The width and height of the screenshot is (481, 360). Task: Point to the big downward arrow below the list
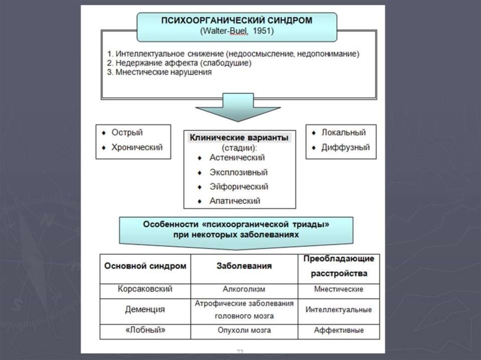coord(238,107)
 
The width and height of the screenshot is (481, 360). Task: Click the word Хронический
coord(137,147)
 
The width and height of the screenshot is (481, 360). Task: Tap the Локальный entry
coord(343,133)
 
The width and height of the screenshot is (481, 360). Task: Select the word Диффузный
coord(345,147)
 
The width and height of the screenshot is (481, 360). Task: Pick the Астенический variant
coord(237,158)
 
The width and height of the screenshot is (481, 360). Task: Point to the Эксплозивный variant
coord(239,172)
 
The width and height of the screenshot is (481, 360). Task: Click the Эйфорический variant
coord(239,187)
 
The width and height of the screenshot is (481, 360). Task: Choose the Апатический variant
coord(235,201)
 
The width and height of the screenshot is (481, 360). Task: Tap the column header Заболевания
coord(244,266)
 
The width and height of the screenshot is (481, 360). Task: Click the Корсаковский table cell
coord(145,290)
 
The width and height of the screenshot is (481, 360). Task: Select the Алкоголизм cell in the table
coord(244,290)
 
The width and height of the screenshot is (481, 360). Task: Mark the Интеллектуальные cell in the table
coord(338,310)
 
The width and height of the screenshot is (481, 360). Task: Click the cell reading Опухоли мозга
coord(244,330)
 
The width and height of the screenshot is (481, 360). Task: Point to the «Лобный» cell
coord(145,330)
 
